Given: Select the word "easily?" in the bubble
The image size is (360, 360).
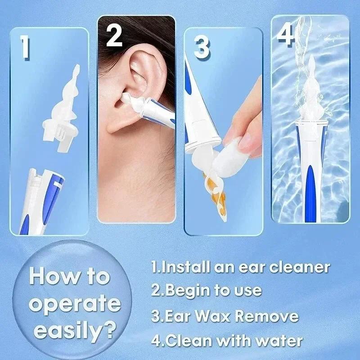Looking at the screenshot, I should click(74, 332).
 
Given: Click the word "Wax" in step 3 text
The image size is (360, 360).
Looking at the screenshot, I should click(215, 316).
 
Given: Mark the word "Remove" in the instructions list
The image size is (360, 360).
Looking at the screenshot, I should click(267, 316).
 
